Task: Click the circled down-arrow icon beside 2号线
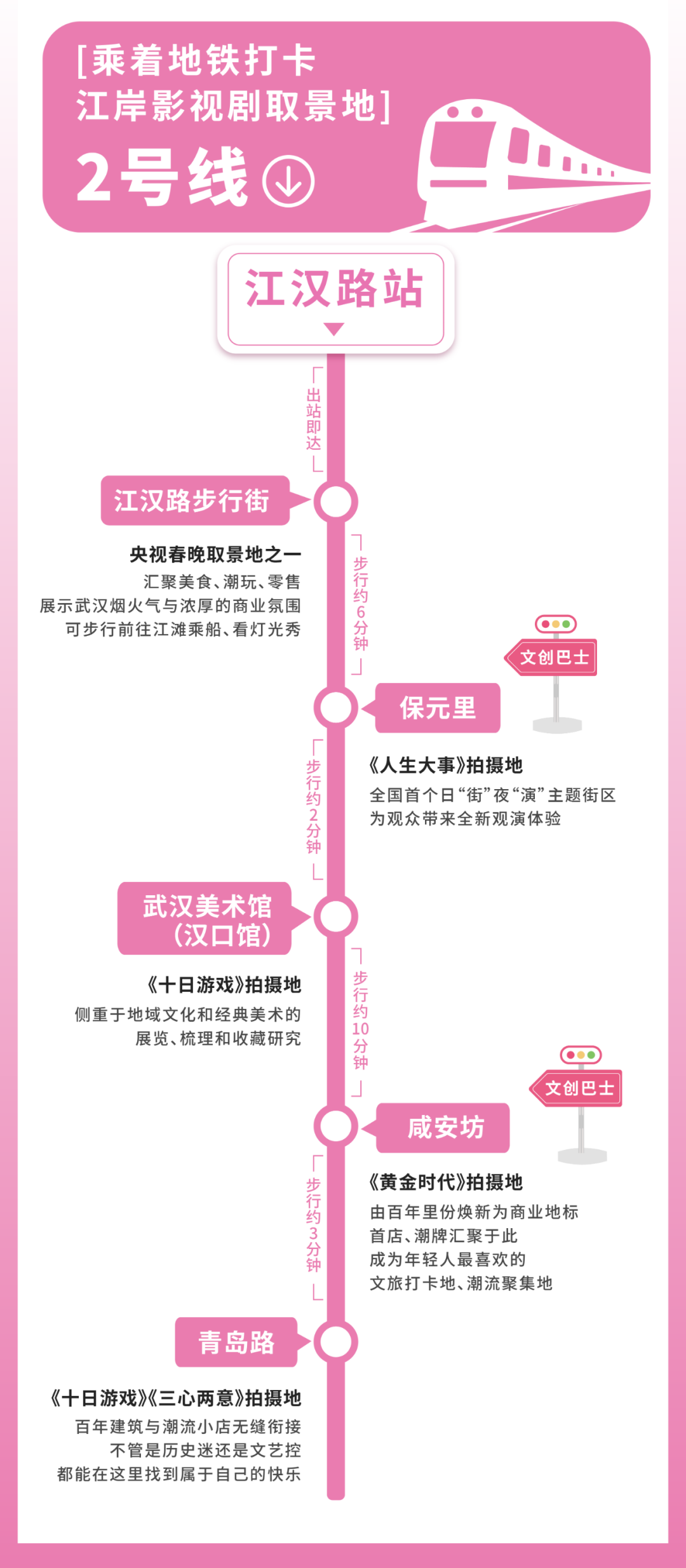point(289,181)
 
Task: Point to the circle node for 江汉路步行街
point(336,501)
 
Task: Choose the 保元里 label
point(438,708)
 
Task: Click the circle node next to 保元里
point(336,707)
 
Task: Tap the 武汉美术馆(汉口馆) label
point(205,918)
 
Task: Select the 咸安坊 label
point(443,1128)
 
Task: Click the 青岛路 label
point(236,1342)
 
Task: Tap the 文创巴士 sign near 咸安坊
point(579,1088)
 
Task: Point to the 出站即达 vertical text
point(314,419)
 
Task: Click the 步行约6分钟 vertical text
point(361,604)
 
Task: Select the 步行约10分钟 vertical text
point(361,1021)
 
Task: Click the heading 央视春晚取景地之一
point(215,555)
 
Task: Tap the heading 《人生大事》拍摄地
point(446,765)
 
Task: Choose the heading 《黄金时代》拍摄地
point(446,1182)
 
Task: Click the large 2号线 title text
point(162,178)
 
